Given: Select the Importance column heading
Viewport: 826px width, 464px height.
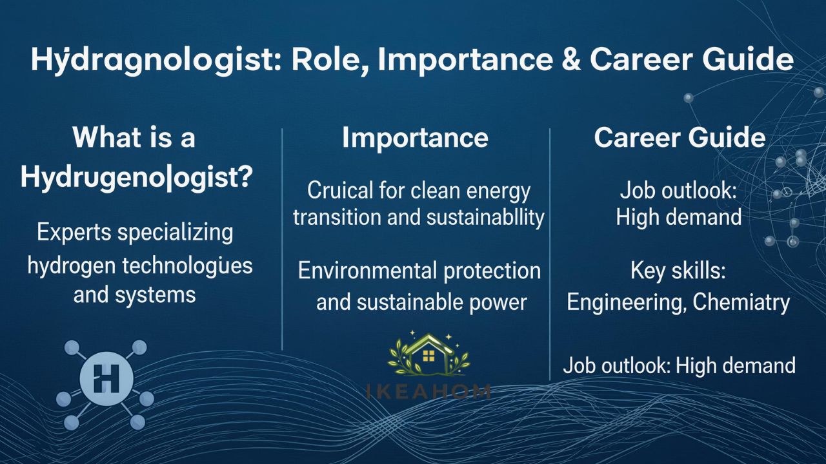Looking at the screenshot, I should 415,138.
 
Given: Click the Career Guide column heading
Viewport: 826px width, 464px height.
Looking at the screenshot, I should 680,138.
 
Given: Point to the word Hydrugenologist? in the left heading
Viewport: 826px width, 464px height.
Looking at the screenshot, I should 136,178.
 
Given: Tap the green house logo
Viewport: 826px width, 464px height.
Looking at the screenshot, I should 428,354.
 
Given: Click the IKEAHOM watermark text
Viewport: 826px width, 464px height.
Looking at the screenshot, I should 428,391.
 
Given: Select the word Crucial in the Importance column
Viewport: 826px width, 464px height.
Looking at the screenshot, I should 339,191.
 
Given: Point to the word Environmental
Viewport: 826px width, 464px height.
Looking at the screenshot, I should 372,271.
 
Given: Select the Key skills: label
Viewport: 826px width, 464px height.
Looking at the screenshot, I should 678,271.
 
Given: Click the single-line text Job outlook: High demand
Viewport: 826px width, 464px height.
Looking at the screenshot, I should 678,366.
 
